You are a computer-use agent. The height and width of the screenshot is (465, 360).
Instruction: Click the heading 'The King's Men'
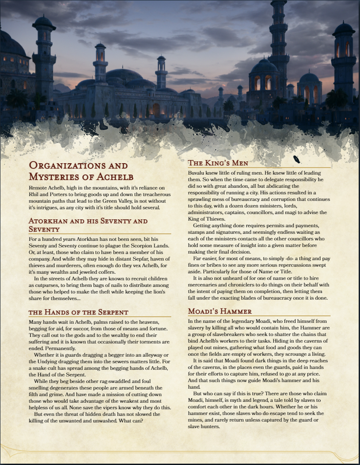[x=218, y=163]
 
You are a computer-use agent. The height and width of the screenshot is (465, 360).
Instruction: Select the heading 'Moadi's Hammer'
[x=220, y=311]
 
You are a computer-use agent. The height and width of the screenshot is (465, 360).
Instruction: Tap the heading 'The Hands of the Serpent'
[x=78, y=312]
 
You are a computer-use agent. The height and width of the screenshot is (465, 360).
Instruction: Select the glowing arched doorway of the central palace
[x=156, y=109]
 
